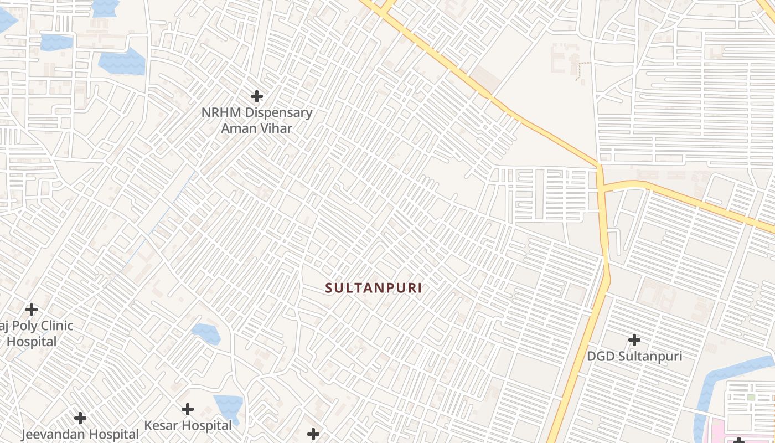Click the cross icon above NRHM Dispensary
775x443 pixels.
point(256,96)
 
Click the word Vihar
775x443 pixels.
point(275,128)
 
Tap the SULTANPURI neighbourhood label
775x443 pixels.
point(374,288)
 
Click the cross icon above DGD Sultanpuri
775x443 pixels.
point(634,339)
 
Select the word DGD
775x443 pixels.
point(601,356)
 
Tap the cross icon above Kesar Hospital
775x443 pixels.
point(188,409)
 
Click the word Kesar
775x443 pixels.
point(160,426)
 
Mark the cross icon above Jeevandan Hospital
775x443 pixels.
point(80,418)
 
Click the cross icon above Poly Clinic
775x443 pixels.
point(32,309)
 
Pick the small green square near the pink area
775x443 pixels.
point(751,397)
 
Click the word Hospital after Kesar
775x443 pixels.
point(205,426)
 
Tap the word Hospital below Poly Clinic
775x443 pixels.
point(32,342)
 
